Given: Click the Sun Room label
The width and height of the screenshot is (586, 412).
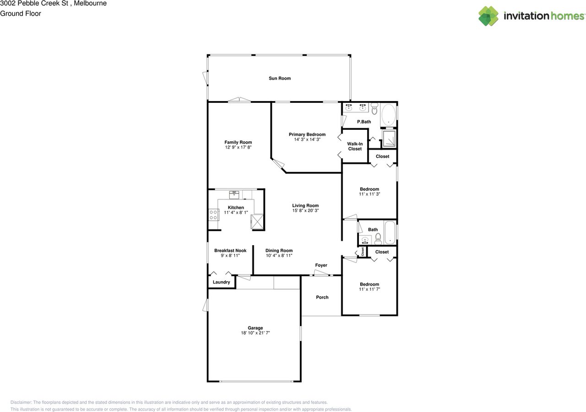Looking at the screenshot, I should (x=279, y=78).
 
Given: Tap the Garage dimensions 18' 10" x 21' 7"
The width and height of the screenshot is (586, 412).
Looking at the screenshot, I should (x=255, y=333).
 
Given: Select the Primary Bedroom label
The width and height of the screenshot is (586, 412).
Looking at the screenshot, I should (x=307, y=134).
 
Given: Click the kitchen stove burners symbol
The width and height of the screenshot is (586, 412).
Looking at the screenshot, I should (x=213, y=214).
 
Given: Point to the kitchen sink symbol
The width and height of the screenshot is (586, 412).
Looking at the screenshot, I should (x=234, y=194).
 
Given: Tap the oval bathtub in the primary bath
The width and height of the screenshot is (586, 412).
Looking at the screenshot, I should (x=389, y=114).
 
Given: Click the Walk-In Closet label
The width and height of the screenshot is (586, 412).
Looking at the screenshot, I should (x=355, y=146).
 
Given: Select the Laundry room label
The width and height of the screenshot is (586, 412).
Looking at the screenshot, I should (x=221, y=282).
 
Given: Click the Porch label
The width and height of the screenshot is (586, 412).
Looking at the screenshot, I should (x=322, y=297).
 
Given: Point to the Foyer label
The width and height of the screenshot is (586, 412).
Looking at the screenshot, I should (x=321, y=265).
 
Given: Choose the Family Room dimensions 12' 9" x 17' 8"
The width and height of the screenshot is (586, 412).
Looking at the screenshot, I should (x=238, y=148).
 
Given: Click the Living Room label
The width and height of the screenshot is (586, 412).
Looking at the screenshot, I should (x=305, y=205).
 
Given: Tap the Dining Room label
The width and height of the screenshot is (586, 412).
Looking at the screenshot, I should (x=279, y=251).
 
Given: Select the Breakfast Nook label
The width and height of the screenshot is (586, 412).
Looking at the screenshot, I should (x=230, y=251).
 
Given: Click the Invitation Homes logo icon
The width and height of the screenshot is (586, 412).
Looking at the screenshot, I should (x=488, y=16).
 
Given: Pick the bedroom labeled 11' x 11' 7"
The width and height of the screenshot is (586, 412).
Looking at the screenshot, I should (x=369, y=287).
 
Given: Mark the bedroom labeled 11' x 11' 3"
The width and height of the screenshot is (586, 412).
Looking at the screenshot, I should (x=369, y=192).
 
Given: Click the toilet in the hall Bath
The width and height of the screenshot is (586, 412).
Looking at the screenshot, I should (x=378, y=238).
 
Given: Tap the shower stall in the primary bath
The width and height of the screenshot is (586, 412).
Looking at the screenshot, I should (x=389, y=139).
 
